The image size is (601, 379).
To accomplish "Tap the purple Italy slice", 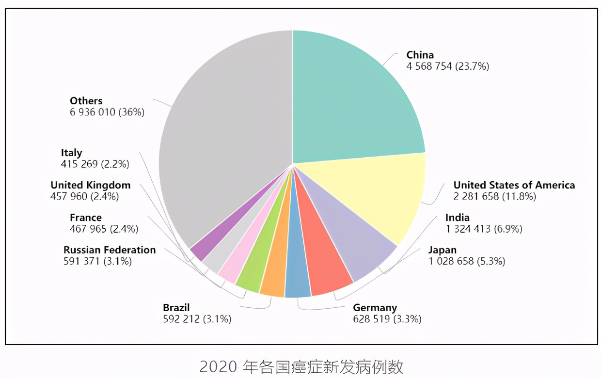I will click(x=201, y=247).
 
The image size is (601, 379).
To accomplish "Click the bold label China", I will click(x=420, y=55).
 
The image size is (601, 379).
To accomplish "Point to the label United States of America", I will click(x=514, y=185).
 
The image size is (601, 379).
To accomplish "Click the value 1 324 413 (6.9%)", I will click(x=484, y=229).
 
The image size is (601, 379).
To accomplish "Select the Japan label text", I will click(x=442, y=250).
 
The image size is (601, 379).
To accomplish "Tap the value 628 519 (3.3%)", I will click(x=387, y=319).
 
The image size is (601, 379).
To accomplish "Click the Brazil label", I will click(x=176, y=308).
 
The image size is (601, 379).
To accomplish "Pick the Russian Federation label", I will click(x=110, y=250).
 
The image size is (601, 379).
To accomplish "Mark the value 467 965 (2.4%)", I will click(x=104, y=229).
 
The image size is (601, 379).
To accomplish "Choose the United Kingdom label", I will click(x=90, y=185).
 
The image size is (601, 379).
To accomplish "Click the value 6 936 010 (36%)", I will click(x=107, y=112).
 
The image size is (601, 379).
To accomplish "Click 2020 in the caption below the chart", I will click(x=217, y=366).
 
